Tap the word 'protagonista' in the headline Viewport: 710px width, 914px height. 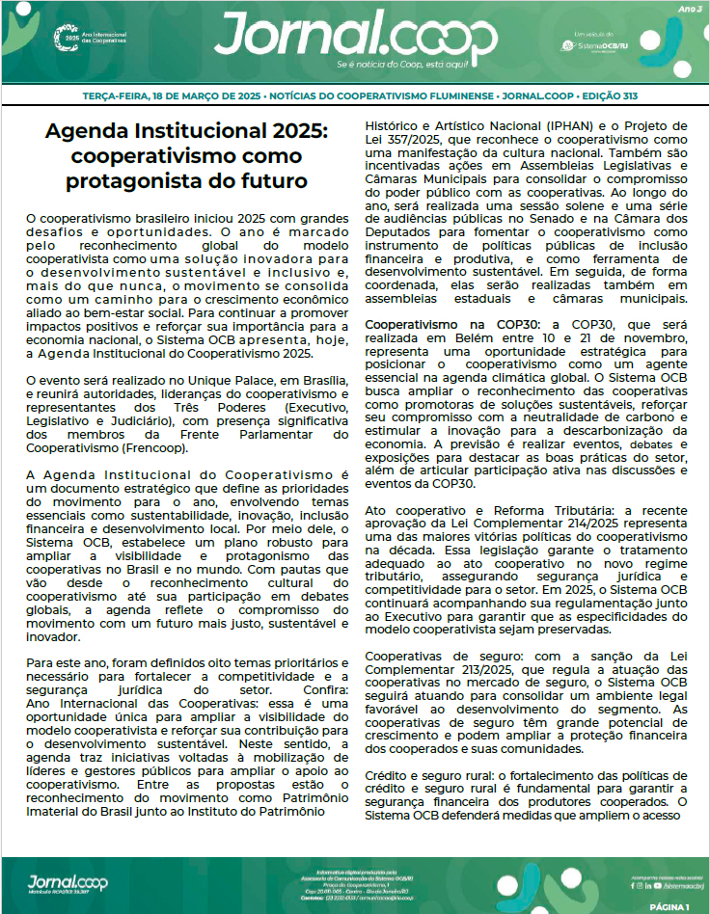(x=136, y=180)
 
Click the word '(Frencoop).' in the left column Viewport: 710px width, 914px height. (x=177, y=449)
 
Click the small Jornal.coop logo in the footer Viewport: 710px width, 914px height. (x=68, y=881)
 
